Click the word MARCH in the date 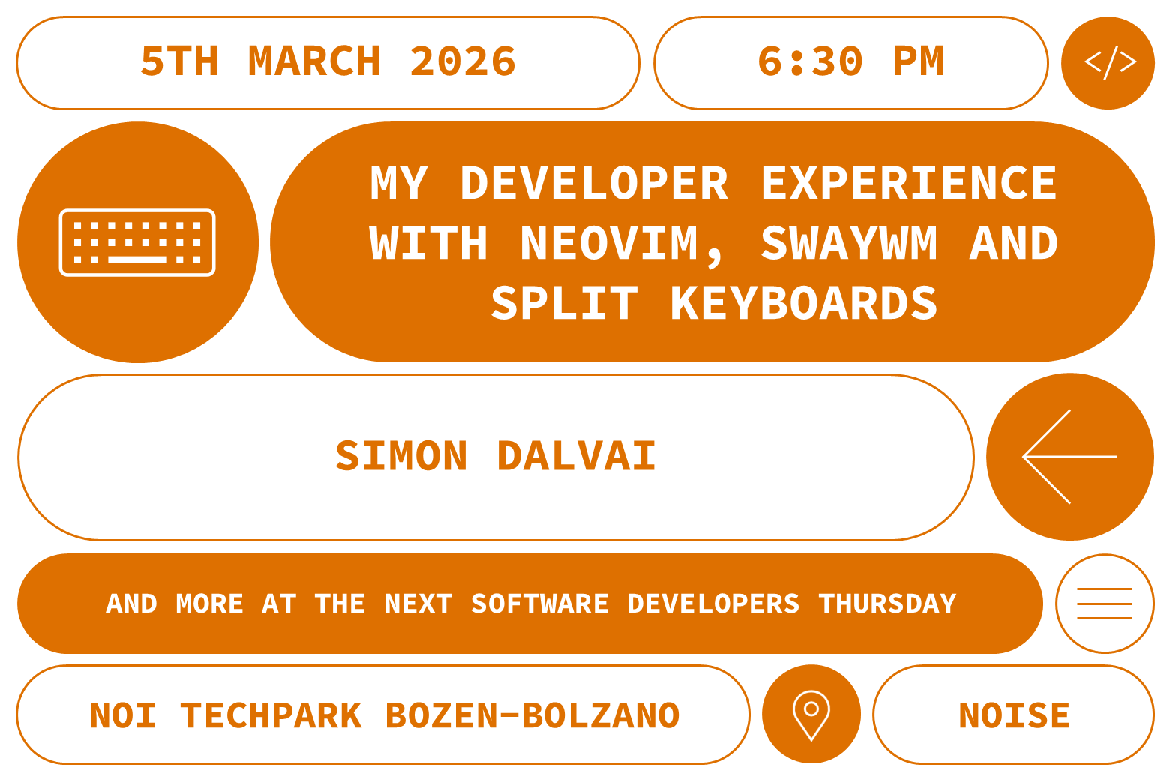314,61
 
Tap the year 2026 463,61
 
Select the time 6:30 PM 850,61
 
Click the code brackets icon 1109,63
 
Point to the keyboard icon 137,242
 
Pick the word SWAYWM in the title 849,244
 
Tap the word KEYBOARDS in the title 804,304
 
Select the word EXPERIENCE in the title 909,184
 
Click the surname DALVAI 576,456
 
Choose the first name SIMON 402,456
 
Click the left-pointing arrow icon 1069,456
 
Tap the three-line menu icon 1104,604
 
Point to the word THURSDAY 887,604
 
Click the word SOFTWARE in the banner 539,604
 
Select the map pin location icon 811,714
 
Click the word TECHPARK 271,715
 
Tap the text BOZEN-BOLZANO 532,715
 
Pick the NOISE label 1014,715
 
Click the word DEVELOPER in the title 594,184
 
